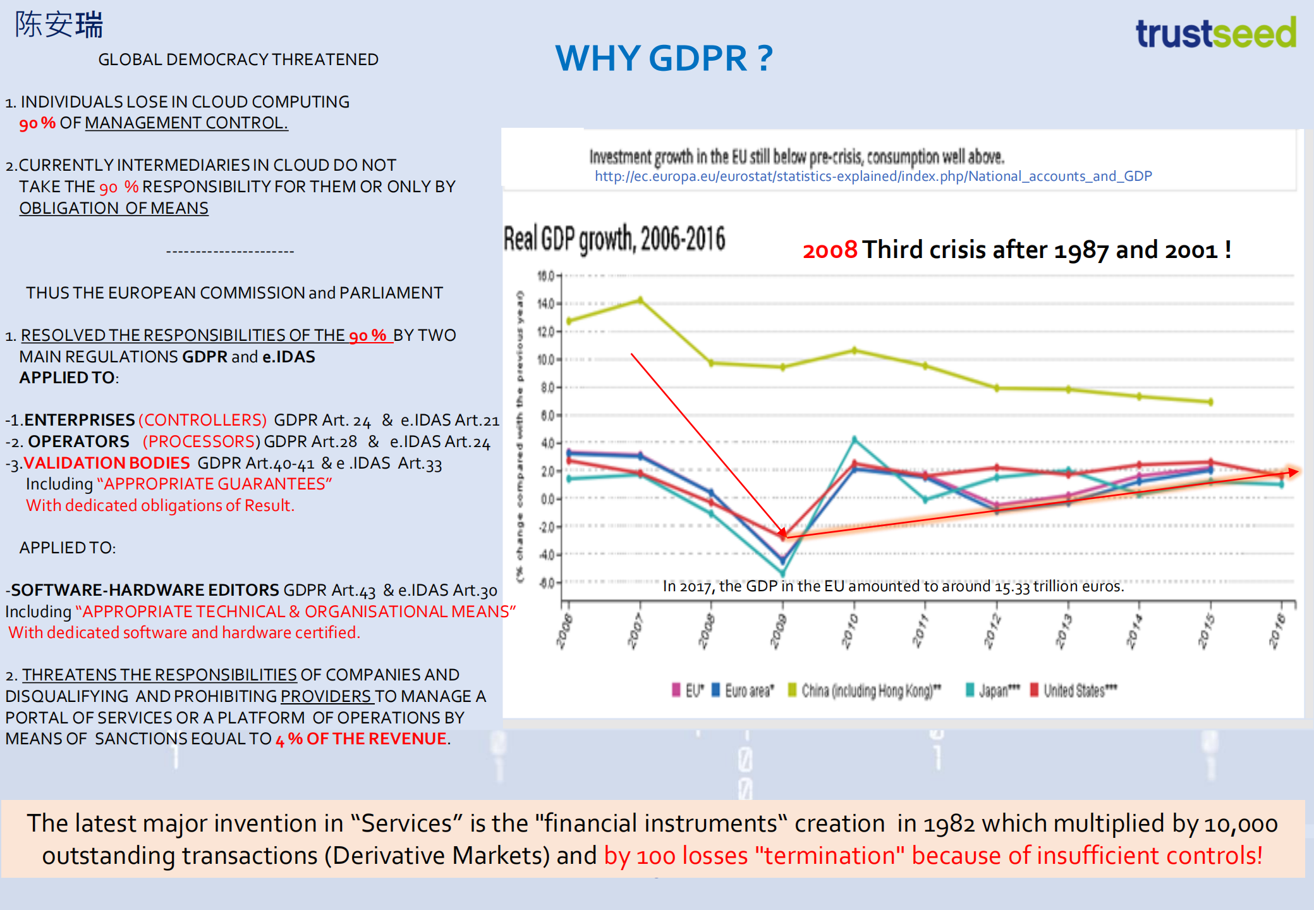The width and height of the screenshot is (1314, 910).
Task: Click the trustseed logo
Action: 1215,33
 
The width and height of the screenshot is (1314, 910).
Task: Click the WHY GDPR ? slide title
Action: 664,58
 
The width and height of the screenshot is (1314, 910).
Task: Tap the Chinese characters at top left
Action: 59,25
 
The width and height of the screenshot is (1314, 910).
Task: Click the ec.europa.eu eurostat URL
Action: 873,176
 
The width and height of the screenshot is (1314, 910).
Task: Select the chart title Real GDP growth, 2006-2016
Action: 614,239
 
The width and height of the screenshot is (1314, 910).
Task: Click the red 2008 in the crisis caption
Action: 829,250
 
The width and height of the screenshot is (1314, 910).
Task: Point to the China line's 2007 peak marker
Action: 640,300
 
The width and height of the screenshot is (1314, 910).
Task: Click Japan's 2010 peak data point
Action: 854,439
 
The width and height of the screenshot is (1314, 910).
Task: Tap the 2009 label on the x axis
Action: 779,630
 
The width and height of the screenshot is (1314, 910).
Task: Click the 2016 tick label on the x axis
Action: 1277,630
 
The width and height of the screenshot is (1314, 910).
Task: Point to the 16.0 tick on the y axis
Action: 545,276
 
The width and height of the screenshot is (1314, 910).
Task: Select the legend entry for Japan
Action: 993,691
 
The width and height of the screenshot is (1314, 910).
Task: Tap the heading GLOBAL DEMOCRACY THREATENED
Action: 238,60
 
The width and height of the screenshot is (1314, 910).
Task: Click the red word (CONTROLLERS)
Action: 202,420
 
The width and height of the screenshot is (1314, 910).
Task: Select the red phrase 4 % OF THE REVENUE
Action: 361,739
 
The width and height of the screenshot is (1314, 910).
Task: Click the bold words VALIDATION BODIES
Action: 106,463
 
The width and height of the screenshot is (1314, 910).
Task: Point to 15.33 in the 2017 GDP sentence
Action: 1012,587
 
